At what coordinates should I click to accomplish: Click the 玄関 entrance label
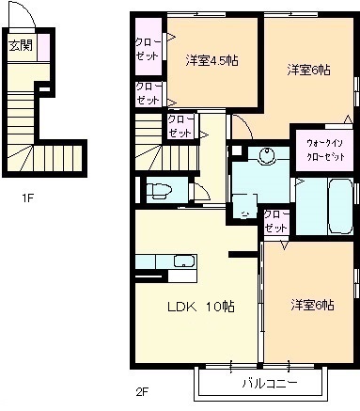pyautogui.click(x=21, y=46)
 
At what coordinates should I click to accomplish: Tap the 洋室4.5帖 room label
pyautogui.click(x=211, y=60)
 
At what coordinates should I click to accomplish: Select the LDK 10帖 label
pyautogui.click(x=201, y=307)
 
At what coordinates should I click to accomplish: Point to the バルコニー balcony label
pyautogui.click(x=270, y=383)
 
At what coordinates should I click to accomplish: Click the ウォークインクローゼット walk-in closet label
pyautogui.click(x=325, y=150)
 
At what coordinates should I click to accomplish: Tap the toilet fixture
pyautogui.click(x=160, y=191)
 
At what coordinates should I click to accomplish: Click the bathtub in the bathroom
pyautogui.click(x=341, y=206)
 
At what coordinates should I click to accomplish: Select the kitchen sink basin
pyautogui.click(x=185, y=261)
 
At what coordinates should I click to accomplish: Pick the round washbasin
pyautogui.click(x=266, y=154)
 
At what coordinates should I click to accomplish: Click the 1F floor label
pyautogui.click(x=27, y=198)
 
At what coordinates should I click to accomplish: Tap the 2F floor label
pyautogui.click(x=142, y=391)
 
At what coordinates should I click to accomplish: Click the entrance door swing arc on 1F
pyautogui.click(x=30, y=12)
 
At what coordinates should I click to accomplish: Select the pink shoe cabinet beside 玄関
pyautogui.click(x=44, y=47)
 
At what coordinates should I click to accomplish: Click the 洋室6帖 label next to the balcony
pyautogui.click(x=312, y=305)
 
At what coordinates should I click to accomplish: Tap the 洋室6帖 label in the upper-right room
pyautogui.click(x=309, y=70)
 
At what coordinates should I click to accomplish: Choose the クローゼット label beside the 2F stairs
pyautogui.click(x=180, y=127)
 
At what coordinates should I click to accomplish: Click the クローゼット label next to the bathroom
pyautogui.click(x=275, y=221)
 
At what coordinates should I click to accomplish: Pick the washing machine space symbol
pyautogui.click(x=245, y=206)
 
